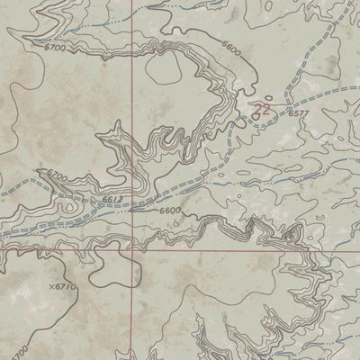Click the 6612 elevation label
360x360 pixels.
pyautogui.click(x=112, y=200)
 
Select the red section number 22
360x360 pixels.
pyautogui.click(x=261, y=108)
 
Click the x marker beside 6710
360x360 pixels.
pyautogui.click(x=42, y=285)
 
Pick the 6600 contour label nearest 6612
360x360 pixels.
pyautogui.click(x=170, y=211)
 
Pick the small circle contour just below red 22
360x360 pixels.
pyautogui.click(x=257, y=118)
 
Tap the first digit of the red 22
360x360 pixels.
pyautogui.click(x=256, y=108)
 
